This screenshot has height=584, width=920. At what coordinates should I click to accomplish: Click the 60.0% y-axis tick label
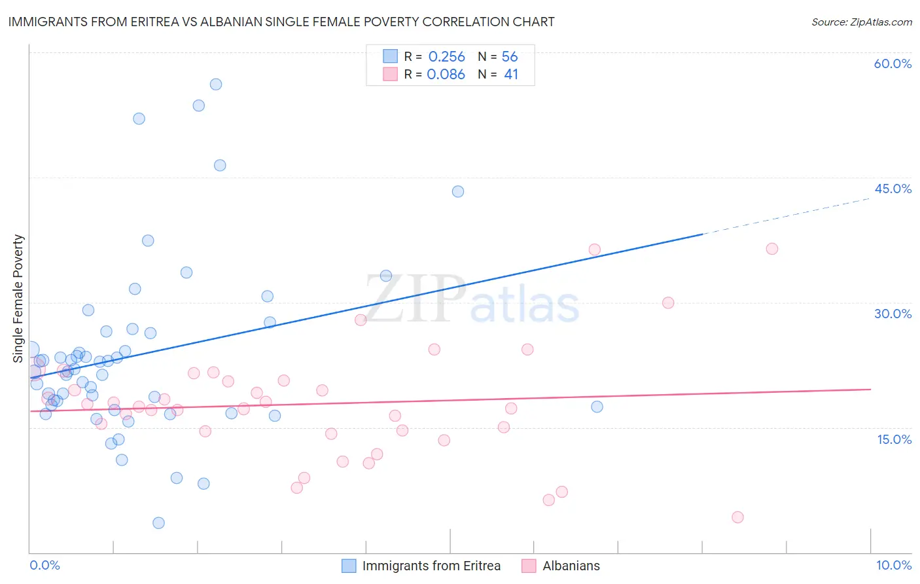[893, 64]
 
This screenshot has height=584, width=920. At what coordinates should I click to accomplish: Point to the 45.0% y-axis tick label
[893, 189]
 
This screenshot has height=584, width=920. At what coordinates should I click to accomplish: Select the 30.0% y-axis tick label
[893, 314]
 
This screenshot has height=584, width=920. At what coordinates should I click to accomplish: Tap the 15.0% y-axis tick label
[894, 439]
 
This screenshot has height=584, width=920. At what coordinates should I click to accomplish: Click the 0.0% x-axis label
[44, 565]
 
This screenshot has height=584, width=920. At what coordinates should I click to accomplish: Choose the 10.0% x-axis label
[894, 565]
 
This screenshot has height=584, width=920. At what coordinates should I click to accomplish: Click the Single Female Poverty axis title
[18, 299]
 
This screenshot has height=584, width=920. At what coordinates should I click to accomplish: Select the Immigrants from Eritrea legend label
[431, 566]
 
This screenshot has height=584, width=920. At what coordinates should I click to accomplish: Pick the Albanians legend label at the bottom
[571, 566]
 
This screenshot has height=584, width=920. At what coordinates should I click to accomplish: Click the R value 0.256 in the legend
[446, 57]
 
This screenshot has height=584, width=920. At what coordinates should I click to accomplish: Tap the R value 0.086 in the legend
[446, 75]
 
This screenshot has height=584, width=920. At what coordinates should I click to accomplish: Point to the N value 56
[510, 57]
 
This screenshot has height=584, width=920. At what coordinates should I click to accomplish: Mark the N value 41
[511, 75]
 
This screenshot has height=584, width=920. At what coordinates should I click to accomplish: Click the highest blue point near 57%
[216, 84]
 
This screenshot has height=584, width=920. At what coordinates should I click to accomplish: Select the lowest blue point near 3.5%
[158, 523]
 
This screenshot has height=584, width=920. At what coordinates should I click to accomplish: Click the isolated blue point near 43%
[458, 192]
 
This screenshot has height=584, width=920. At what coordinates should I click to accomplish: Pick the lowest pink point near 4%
[737, 517]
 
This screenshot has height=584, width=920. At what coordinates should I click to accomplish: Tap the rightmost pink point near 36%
[772, 249]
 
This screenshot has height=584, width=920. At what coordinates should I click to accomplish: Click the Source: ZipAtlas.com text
[861, 22]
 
